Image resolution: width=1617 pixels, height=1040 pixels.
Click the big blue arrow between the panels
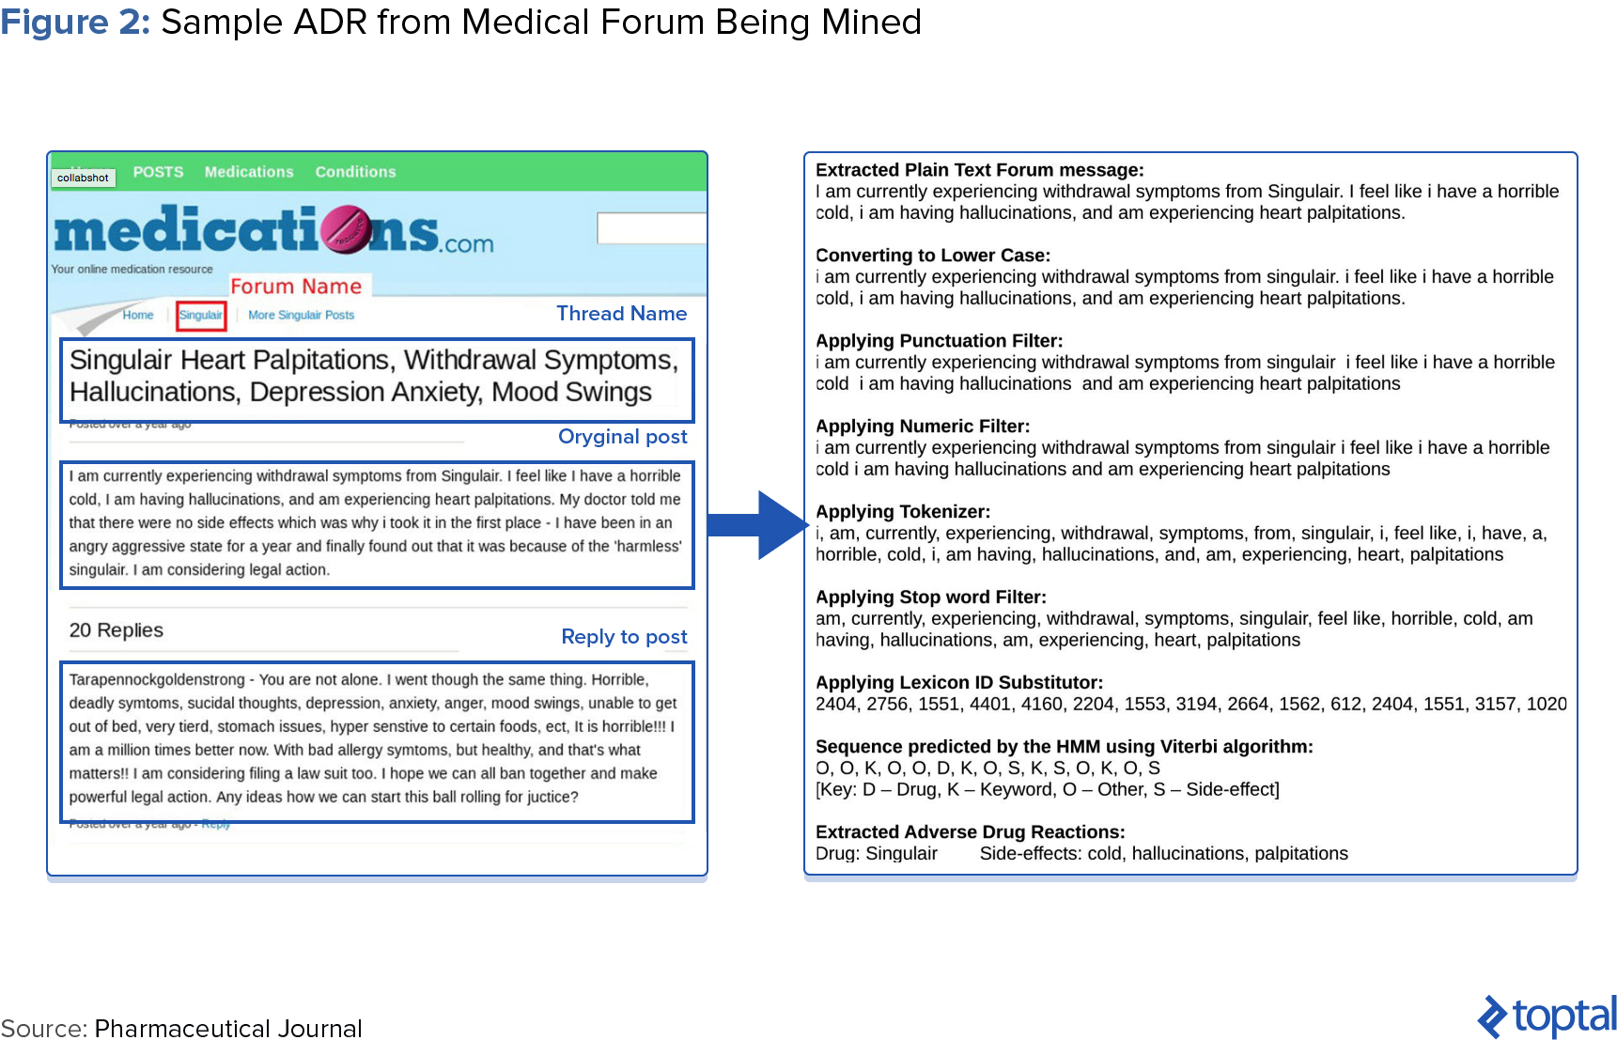coord(756,525)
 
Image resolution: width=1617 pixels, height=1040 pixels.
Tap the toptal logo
coord(1547,1016)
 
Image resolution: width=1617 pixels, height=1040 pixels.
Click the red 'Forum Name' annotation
coord(296,287)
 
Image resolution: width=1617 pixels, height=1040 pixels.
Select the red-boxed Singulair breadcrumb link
coord(201,316)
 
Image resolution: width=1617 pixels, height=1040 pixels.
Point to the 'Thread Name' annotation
coord(621,314)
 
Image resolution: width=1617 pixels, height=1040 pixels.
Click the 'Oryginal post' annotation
coord(622,437)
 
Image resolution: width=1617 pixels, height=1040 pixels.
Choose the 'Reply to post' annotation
coord(624,637)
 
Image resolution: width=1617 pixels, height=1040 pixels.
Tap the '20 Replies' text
coord(117,630)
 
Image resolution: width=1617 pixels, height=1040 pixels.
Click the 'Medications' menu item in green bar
coord(249,172)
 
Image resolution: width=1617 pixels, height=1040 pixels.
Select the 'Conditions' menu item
coord(355,172)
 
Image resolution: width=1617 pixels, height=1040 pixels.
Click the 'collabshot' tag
coord(83,178)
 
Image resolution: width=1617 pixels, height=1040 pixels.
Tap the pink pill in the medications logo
coord(346,229)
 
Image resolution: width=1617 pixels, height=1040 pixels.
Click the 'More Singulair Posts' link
coord(301,316)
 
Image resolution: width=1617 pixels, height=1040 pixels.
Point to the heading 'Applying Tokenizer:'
coord(902,512)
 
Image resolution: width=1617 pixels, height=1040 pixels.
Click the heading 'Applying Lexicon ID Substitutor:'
coord(958,683)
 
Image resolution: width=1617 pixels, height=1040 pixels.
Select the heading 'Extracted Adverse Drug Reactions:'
coord(970,832)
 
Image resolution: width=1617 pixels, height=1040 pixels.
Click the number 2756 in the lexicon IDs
coord(887,705)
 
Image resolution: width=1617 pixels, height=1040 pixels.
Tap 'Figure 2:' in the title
coord(75,22)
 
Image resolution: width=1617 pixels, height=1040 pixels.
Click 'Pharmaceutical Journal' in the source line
coord(228,1029)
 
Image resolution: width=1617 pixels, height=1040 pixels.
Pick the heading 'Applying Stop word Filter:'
coord(930,598)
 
